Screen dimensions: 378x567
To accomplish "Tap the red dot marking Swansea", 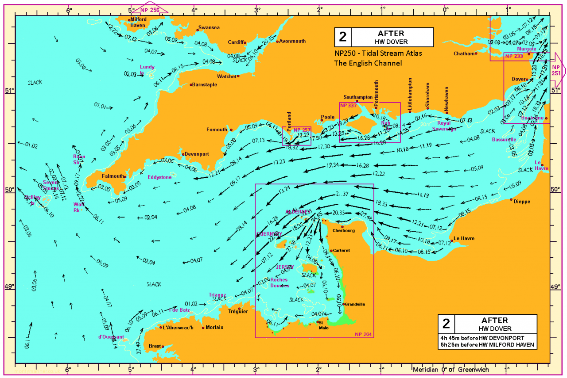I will (198, 30).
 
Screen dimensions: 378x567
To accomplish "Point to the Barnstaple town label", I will (205, 84).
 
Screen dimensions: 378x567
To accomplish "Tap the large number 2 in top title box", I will (342, 37).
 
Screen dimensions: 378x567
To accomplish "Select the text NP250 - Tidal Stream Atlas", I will (378, 53).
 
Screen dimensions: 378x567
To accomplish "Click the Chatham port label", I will (463, 53).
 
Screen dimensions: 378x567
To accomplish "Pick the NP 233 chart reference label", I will (514, 57).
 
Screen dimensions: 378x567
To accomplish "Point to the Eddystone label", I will (159, 177).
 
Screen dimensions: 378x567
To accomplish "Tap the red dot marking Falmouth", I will (125, 176).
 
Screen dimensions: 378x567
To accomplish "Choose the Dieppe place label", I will (522, 202).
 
